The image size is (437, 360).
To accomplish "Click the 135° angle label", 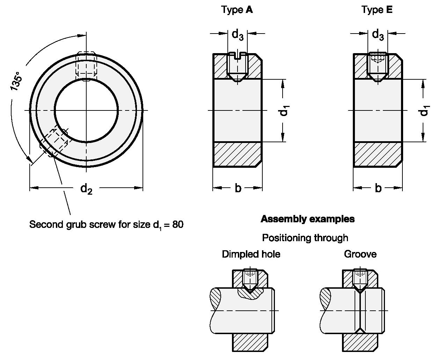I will pos(17,81).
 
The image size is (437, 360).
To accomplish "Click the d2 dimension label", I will pos(86,189).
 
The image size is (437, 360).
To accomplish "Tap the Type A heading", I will pos(237,10).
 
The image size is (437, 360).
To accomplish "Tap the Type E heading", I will pos(377,10).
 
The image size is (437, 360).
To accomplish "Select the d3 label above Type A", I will pos(238,35).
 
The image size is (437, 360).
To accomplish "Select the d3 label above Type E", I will pos(378,35).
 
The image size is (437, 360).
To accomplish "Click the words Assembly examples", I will pos(307,219).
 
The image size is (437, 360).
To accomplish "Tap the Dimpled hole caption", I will pos(251,254).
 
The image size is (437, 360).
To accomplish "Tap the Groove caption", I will pos(360,254).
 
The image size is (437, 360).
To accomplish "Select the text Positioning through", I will pos(305,238).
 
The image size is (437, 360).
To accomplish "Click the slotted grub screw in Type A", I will pos(238,66).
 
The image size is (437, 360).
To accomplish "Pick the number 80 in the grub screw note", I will pos(177,224).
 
